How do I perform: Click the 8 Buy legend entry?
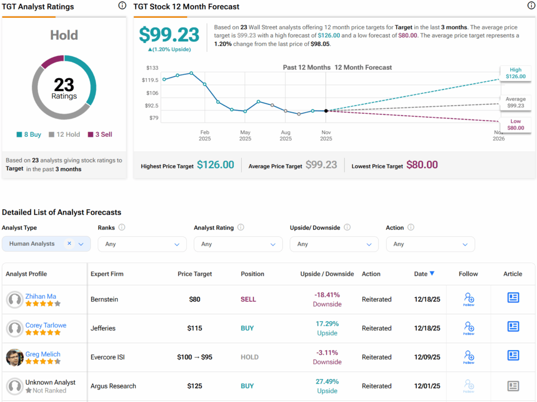[x=29, y=135]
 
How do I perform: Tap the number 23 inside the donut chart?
[x=64, y=85]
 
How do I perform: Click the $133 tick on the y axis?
[x=152, y=68]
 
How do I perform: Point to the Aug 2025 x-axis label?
[x=286, y=136]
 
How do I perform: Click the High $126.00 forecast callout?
[x=515, y=73]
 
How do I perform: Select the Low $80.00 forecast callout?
[x=515, y=124]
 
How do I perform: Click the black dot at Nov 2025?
[x=326, y=111]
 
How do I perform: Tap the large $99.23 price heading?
[x=169, y=35]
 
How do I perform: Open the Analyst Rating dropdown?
[x=238, y=244]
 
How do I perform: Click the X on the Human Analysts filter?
[x=69, y=244]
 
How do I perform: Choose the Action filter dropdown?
[x=430, y=244]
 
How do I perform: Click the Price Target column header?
[x=195, y=274]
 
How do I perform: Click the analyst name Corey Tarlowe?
[x=46, y=325]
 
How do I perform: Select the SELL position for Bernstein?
[x=248, y=299]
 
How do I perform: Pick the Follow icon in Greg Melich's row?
[x=468, y=357]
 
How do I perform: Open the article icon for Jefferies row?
[x=513, y=327]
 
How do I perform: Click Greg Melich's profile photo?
[x=15, y=357]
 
